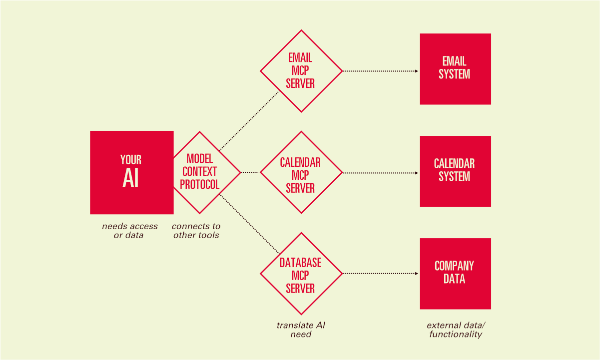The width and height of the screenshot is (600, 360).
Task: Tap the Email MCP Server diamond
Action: pos(301,71)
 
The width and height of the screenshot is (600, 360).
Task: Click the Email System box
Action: pos(455,69)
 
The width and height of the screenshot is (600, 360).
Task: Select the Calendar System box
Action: pos(455,171)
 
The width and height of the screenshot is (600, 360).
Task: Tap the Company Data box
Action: pos(455,274)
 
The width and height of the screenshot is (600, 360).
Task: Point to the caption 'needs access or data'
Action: pos(129,231)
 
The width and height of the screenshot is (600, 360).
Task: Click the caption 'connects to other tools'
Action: pos(196,231)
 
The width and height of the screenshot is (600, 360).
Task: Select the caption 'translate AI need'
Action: pos(301,330)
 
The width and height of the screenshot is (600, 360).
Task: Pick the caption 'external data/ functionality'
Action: pos(456,330)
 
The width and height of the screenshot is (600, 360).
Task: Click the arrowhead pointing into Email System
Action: pos(417,71)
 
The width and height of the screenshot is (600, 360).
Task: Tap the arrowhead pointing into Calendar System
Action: pos(417,173)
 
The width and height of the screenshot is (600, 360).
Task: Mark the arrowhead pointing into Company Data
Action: pos(417,274)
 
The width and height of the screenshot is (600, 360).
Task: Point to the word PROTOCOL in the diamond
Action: pos(200,184)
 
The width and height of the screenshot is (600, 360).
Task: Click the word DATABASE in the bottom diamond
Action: pos(300,263)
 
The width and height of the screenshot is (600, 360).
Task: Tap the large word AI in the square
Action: pos(130,179)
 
